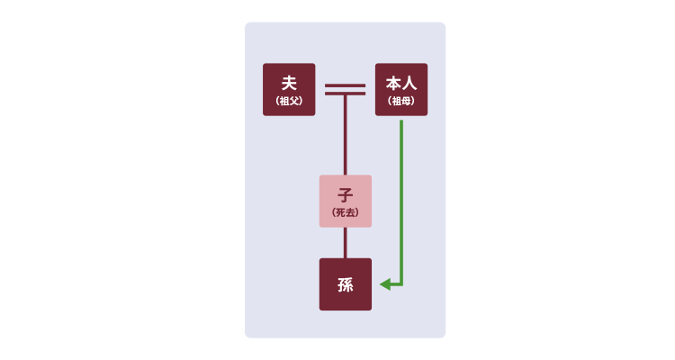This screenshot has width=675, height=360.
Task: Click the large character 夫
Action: (289, 83)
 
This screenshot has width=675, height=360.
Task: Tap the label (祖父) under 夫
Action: (289, 101)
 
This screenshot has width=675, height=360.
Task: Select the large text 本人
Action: (401, 83)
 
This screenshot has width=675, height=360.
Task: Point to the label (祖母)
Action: (401, 101)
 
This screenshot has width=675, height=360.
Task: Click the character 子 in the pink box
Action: (346, 195)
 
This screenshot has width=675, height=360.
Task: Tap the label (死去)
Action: (346, 212)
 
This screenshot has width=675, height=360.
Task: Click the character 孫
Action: (346, 284)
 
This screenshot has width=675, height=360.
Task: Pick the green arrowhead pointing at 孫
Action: (385, 284)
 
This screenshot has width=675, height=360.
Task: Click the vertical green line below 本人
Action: (401, 202)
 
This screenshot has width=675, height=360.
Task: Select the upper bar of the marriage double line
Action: (346, 85)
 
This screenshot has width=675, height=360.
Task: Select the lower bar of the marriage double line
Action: (346, 94)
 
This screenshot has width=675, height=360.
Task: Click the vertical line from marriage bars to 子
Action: (346, 135)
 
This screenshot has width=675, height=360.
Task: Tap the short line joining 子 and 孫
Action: (346, 243)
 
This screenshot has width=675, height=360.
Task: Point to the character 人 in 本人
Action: (409, 83)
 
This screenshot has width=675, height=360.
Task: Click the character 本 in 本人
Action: (393, 83)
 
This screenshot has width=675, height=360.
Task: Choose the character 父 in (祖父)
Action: (294, 101)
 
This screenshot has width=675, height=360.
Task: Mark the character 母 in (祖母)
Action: (407, 101)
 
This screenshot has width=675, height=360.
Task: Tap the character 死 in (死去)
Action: (340, 212)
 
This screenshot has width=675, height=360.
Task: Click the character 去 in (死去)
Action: (350, 212)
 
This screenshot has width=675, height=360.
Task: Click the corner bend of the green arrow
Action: (401, 284)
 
